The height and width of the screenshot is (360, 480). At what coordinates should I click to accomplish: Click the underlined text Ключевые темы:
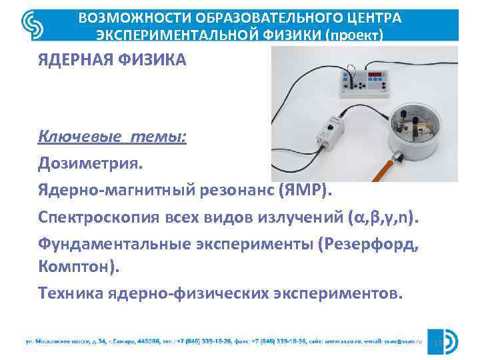pyautogui.click(x=113, y=137)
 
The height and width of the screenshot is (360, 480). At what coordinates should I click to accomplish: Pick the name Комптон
pyautogui.click(x=80, y=267)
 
